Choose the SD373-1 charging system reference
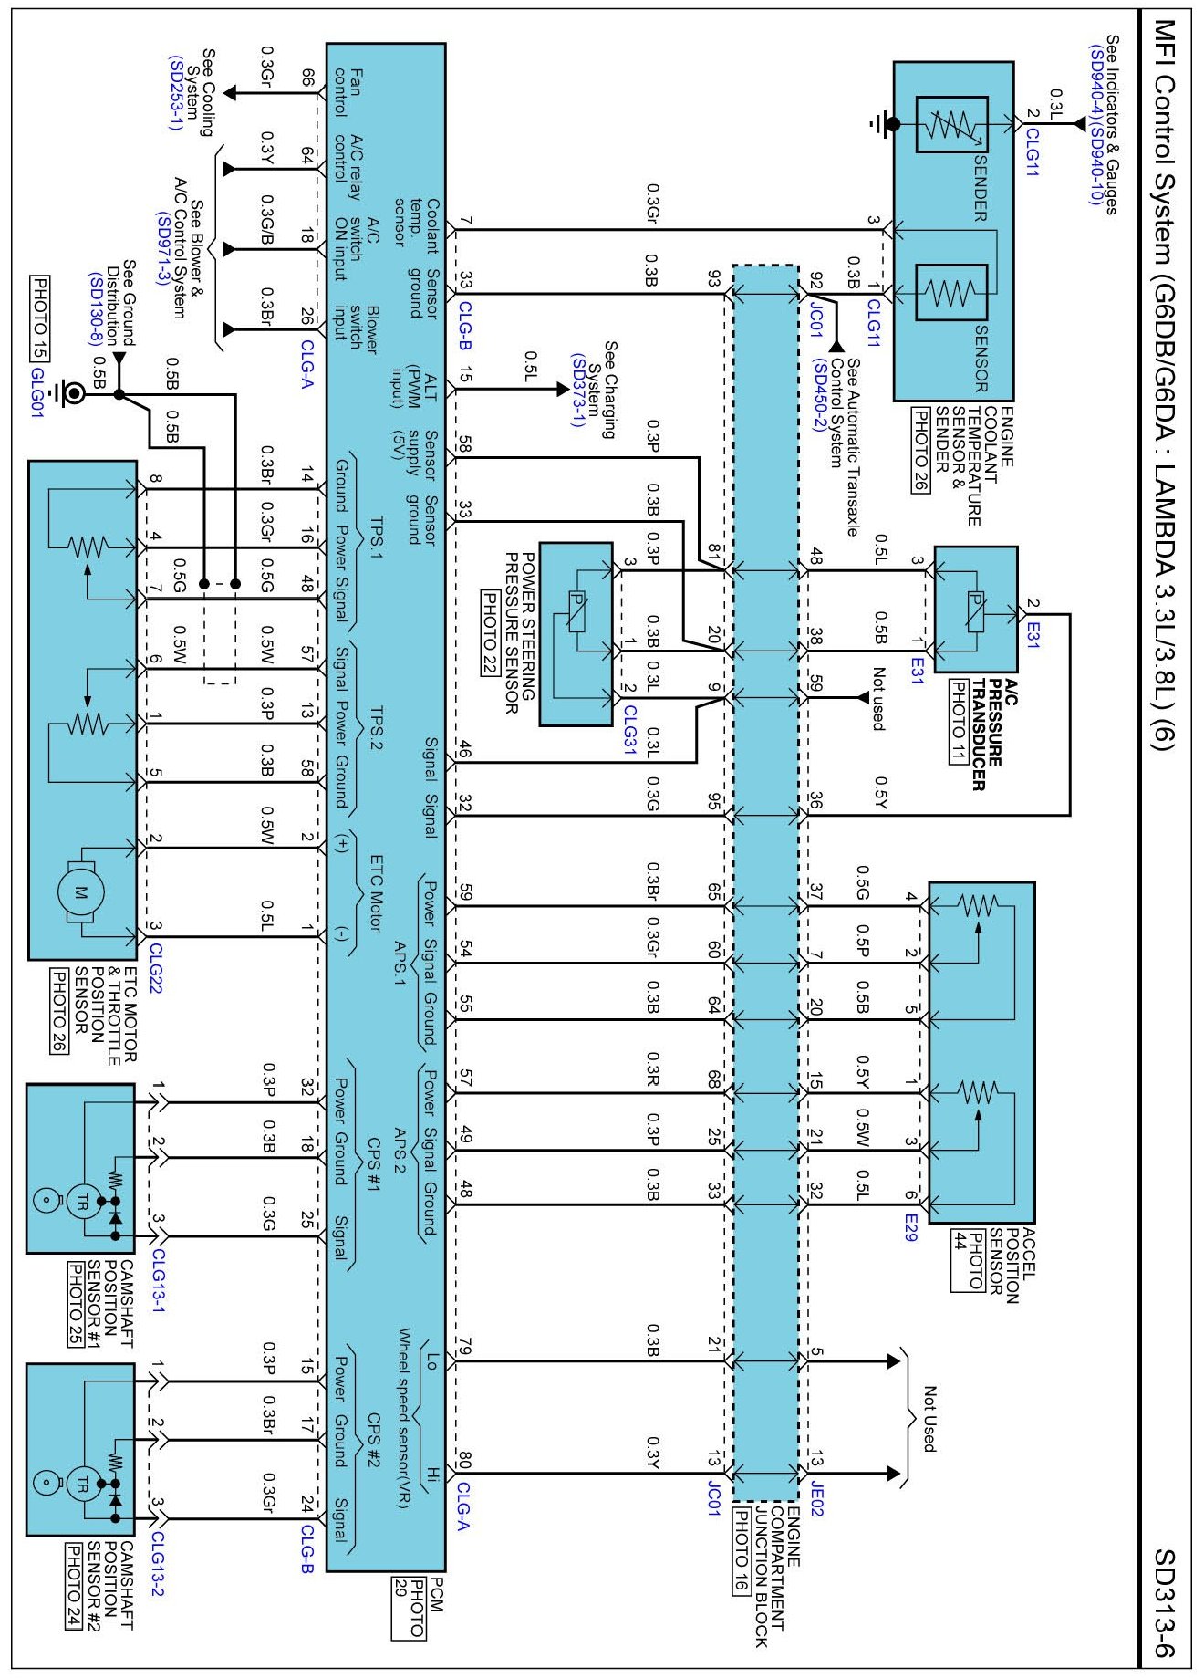pyautogui.click(x=577, y=391)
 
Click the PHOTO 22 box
pyautogui.click(x=489, y=633)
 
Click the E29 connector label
pyautogui.click(x=910, y=1227)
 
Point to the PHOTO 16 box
pyautogui.click(x=743, y=1550)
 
